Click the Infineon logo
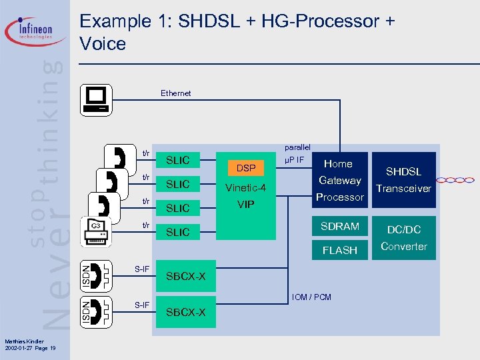(37, 31)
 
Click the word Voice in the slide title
(103, 44)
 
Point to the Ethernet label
(175, 93)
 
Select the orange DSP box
(246, 169)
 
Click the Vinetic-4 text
(246, 188)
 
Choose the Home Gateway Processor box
(339, 180)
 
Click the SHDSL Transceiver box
(403, 180)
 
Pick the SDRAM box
(339, 227)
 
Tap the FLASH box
(339, 251)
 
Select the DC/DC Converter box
(403, 238)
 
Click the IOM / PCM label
(311, 297)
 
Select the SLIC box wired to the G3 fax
(178, 232)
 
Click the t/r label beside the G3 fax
(145, 225)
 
